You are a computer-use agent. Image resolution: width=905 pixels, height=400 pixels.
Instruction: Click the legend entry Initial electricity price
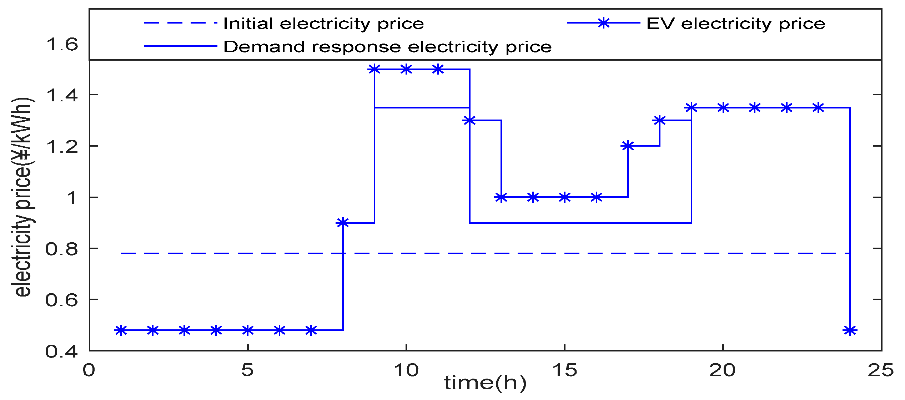323,24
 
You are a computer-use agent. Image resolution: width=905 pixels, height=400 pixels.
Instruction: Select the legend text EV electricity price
735,24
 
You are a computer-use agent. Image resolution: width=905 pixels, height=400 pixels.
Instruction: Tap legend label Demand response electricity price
387,47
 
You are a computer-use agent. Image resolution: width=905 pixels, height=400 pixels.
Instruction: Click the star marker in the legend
603,23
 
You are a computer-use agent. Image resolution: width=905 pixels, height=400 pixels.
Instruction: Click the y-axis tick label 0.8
61,249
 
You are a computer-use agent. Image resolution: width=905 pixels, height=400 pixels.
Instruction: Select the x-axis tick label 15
564,370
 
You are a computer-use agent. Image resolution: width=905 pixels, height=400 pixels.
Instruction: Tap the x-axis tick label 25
881,370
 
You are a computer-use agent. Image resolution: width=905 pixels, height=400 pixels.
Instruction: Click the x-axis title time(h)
485,383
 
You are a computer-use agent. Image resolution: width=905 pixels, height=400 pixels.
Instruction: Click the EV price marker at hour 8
343,223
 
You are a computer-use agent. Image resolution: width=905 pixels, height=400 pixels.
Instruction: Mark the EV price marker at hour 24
850,330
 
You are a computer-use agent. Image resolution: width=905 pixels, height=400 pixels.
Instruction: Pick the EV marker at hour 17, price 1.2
628,146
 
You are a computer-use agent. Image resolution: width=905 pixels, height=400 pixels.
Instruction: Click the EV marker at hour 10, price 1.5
406,69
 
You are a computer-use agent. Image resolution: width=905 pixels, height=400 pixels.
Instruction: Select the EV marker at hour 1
121,330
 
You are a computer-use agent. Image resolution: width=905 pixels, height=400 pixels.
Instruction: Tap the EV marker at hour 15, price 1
564,197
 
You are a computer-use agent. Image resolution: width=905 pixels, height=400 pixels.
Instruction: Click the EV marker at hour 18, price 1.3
659,120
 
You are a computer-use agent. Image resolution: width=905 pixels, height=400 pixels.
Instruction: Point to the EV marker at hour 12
469,120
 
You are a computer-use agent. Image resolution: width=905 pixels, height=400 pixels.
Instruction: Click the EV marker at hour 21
755,107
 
